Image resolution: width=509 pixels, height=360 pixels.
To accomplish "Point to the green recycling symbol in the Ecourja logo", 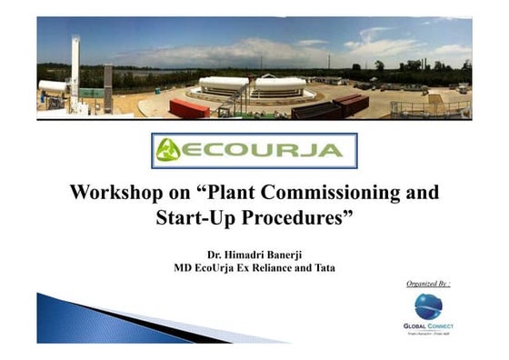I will (x=169, y=150).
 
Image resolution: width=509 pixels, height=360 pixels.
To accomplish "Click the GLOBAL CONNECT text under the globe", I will (x=428, y=325).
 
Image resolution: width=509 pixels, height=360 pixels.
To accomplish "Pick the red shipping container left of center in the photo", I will (x=189, y=108).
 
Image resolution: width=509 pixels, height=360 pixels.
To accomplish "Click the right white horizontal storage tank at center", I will (x=280, y=85).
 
